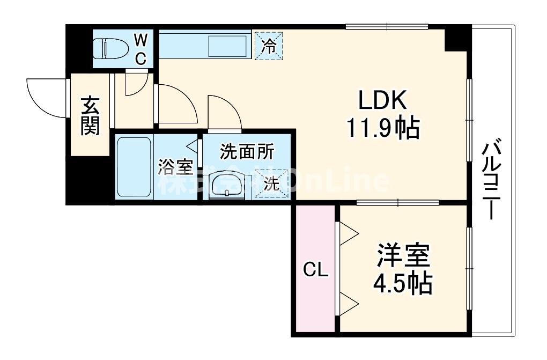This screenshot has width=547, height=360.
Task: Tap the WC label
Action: pos(140,49)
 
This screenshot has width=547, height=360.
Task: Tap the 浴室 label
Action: pos(175,167)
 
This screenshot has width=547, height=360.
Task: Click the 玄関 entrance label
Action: pos(90,116)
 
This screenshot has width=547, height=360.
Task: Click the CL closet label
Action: pos(316,270)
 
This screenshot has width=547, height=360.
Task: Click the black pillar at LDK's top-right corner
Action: pos(457,39)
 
